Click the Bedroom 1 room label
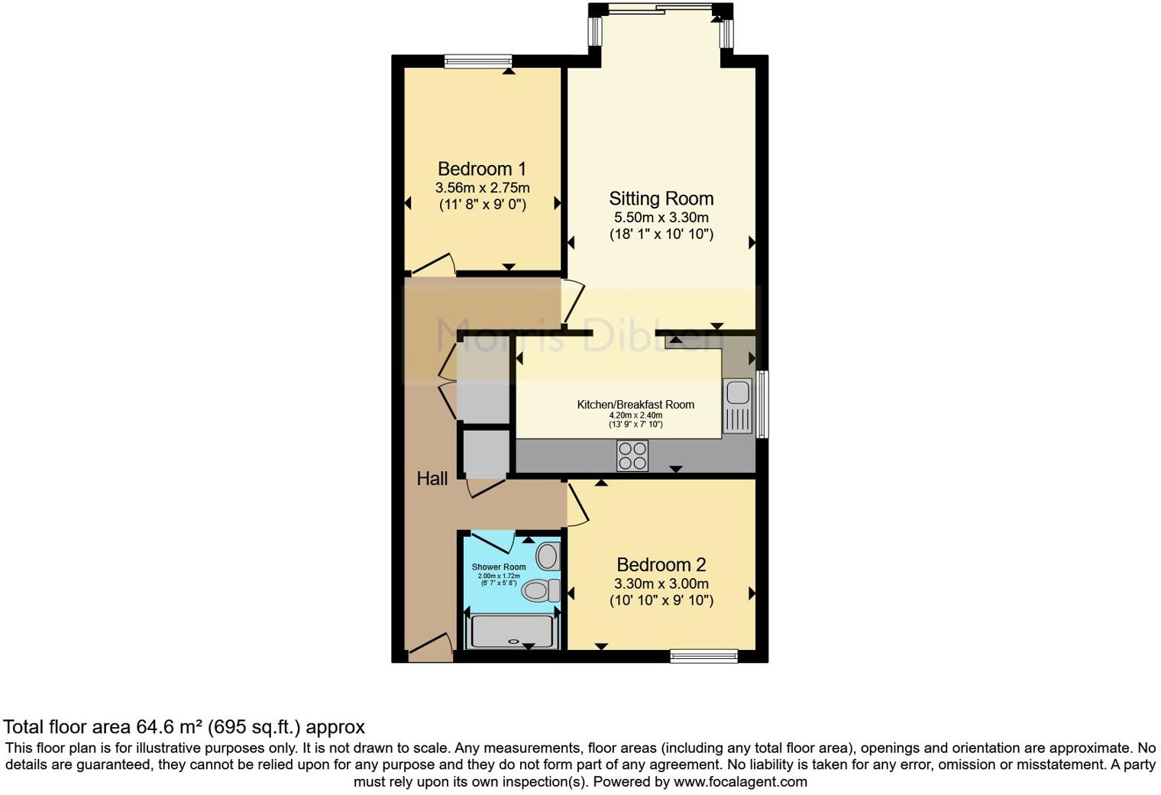(481, 169)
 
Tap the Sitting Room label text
(661, 199)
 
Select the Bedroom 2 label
(661, 565)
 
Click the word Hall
(432, 479)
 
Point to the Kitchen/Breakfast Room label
(635, 405)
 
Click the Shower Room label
(499, 567)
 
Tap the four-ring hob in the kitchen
(632, 456)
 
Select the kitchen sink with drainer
(738, 406)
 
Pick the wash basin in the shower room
(548, 556)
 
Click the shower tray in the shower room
(512, 632)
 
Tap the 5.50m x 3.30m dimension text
(661, 218)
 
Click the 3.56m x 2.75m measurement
(482, 188)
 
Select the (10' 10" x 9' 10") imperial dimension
(661, 600)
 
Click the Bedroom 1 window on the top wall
(478, 61)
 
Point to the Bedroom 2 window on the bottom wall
(703, 655)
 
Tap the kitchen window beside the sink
(762, 404)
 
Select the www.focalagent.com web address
(739, 782)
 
